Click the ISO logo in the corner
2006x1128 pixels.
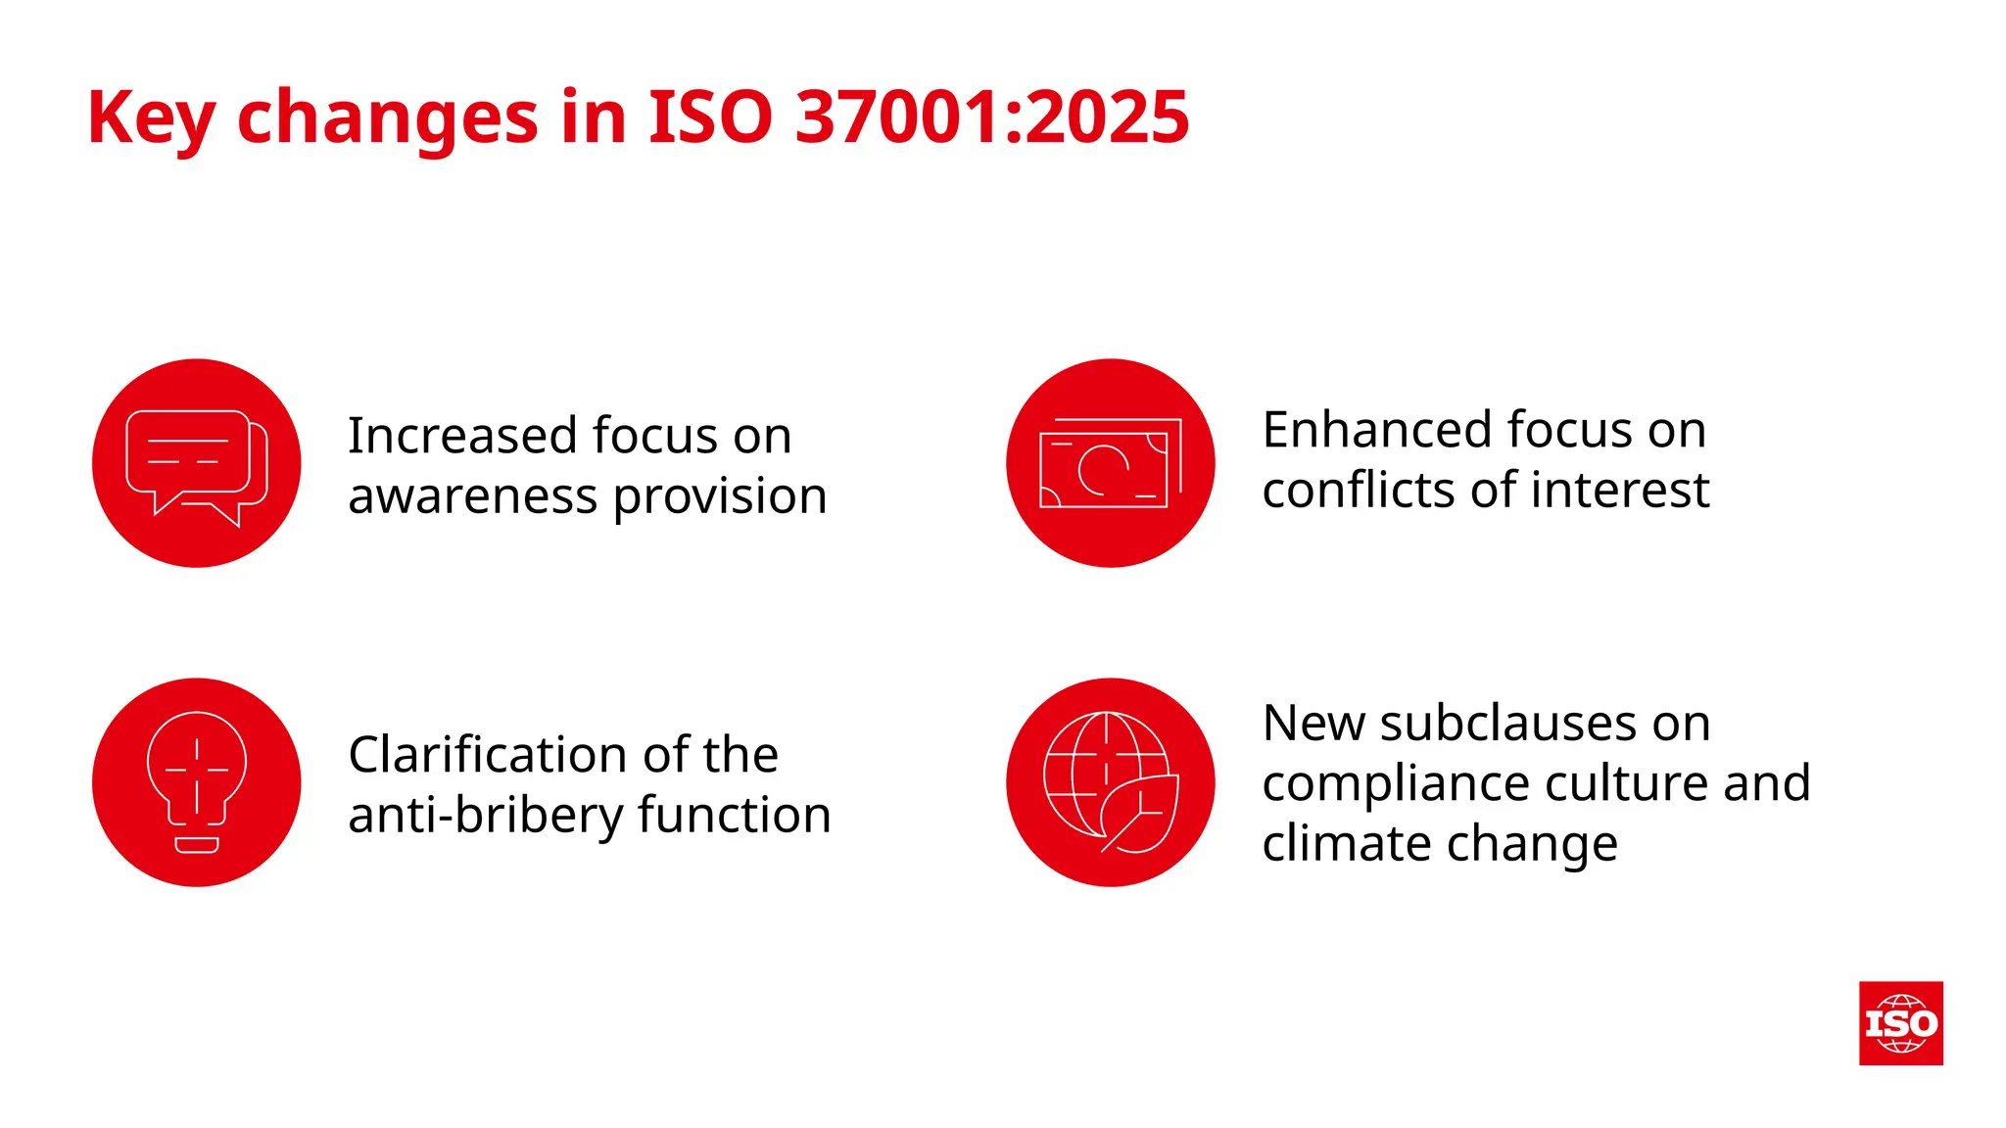click(1900, 1023)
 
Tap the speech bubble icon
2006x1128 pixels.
click(197, 464)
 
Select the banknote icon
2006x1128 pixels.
click(1110, 464)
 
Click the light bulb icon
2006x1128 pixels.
click(197, 782)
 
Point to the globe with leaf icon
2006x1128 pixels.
click(1110, 782)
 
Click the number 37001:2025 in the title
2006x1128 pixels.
click(991, 117)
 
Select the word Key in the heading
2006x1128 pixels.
click(150, 117)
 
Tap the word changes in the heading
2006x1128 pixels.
click(387, 117)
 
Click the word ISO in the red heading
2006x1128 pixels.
click(710, 117)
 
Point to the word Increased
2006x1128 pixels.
click(463, 436)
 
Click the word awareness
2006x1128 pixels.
click(472, 496)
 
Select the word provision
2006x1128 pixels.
click(720, 498)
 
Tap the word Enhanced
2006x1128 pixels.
click(1377, 430)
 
